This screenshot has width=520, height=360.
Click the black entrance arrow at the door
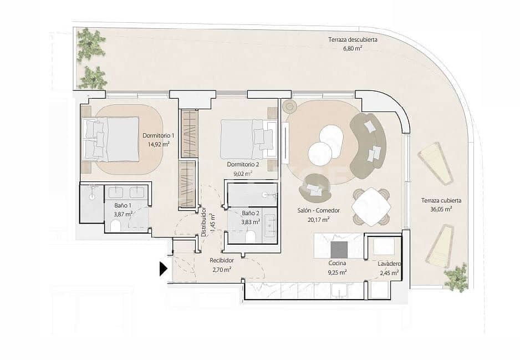pyautogui.click(x=163, y=269)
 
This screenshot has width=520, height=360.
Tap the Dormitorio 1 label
pyautogui.click(x=159, y=136)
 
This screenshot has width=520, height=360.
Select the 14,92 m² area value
pyautogui.click(x=159, y=144)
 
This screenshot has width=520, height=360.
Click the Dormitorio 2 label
pyautogui.click(x=243, y=165)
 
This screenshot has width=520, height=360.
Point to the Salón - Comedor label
pyautogui.click(x=319, y=211)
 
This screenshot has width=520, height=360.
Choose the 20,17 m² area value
pyautogui.click(x=319, y=219)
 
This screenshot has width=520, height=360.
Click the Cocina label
pyautogui.click(x=337, y=264)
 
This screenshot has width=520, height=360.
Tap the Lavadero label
pyautogui.click(x=390, y=265)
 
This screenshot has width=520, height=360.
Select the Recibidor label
pyautogui.click(x=221, y=261)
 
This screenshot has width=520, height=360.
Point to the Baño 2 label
pyautogui.click(x=251, y=214)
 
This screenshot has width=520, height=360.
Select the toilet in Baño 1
pyautogui.click(x=116, y=226)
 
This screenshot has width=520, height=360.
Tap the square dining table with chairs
pyautogui.click(x=371, y=207)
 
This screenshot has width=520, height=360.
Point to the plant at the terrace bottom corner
pyautogui.click(x=456, y=277)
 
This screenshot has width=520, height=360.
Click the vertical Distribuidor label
pyautogui.click(x=204, y=221)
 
